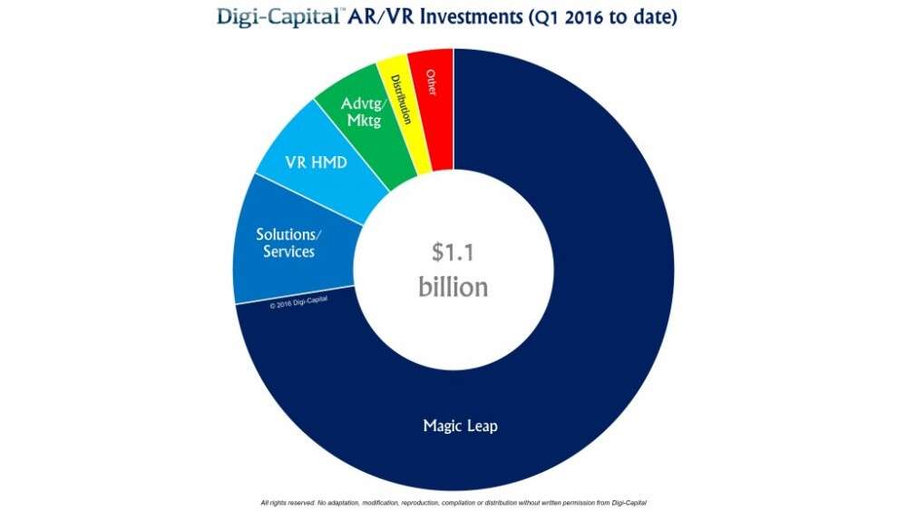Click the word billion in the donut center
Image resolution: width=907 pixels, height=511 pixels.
pyautogui.click(x=453, y=287)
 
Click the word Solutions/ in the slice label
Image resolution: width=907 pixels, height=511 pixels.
pyautogui.click(x=288, y=234)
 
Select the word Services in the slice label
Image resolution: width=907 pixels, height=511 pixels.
pyautogui.click(x=288, y=251)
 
